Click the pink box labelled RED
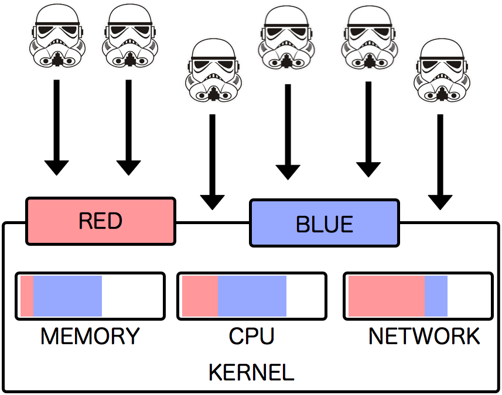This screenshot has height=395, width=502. (100, 221)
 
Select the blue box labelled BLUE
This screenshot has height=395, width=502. (325, 224)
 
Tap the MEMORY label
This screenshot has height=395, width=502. (90, 336)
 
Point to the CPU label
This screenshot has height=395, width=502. (252, 336)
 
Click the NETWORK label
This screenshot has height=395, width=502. (424, 336)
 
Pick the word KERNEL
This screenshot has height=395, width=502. (251, 372)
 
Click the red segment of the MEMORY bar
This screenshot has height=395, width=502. (27, 296)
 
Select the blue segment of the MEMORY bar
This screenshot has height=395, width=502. (68, 296)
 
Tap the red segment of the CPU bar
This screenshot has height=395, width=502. (200, 296)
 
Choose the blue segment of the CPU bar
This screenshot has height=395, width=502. (252, 296)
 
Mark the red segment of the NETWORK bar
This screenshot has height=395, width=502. (386, 296)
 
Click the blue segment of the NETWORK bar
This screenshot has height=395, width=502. (436, 296)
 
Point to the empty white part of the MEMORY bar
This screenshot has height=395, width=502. (132, 296)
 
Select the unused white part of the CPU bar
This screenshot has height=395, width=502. (305, 296)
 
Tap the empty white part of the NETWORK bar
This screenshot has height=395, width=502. (469, 296)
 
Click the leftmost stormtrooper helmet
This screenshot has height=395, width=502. (57, 36)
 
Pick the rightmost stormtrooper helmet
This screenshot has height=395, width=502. (441, 71)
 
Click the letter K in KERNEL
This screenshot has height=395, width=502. (215, 372)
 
